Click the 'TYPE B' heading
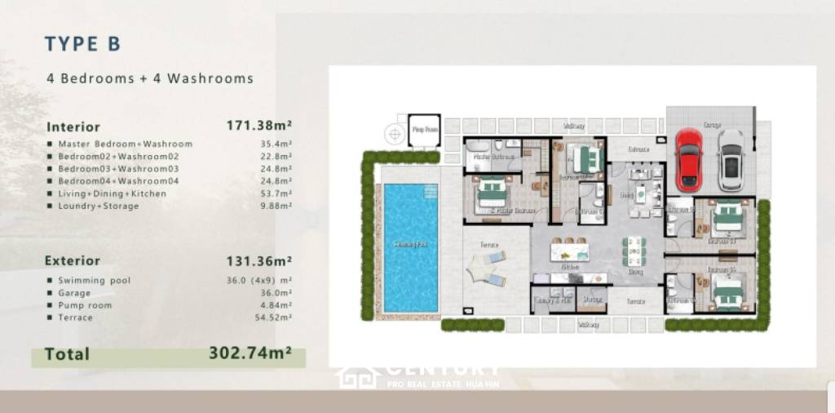[82, 44]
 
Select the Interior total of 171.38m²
[258, 126]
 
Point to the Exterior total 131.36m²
[258, 260]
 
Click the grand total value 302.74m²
[250, 353]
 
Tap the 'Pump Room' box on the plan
[424, 130]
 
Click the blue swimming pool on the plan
[410, 246]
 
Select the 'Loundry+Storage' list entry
[99, 206]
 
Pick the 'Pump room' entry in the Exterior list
[85, 305]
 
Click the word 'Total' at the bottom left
[67, 354]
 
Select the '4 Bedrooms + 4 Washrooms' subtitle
[150, 79]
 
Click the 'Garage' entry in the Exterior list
[74, 293]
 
